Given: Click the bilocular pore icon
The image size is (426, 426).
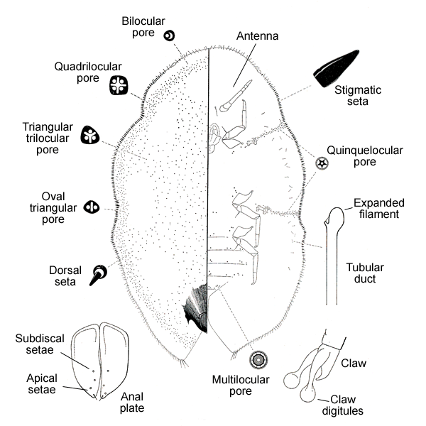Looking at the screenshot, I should (169, 35).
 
